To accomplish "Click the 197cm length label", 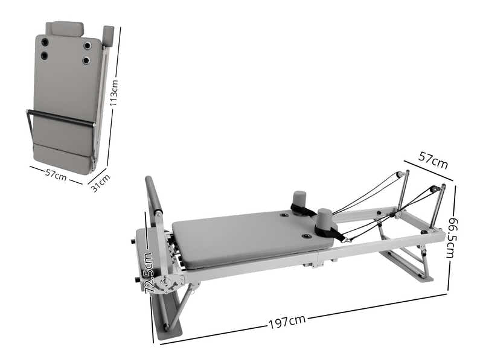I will click(x=287, y=321).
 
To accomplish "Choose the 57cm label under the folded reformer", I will click(x=56, y=174).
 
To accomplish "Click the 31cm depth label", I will click(x=100, y=183).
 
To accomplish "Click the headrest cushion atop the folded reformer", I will click(x=67, y=28).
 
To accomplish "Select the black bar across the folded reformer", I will click(x=60, y=118).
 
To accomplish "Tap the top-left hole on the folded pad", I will click(x=45, y=42).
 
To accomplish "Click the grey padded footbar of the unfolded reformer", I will click(x=153, y=196).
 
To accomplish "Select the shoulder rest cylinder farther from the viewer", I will click(x=299, y=199).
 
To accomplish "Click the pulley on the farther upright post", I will click(x=399, y=174).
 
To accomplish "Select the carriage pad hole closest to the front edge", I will click(x=307, y=236).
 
